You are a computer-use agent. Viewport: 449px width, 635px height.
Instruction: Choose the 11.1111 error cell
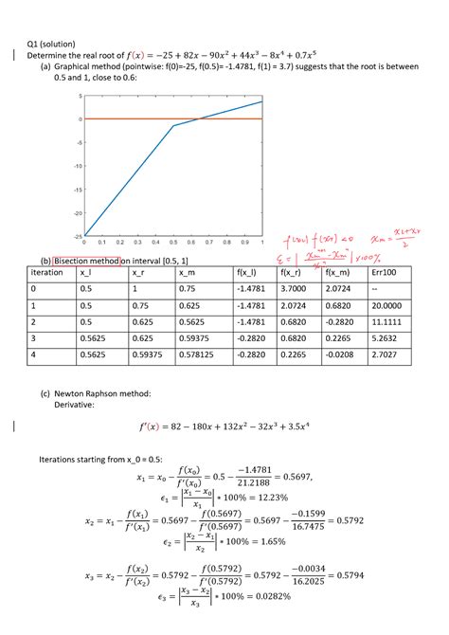tap(386, 323)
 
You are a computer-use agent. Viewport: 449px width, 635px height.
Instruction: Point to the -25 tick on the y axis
tap(79, 236)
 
